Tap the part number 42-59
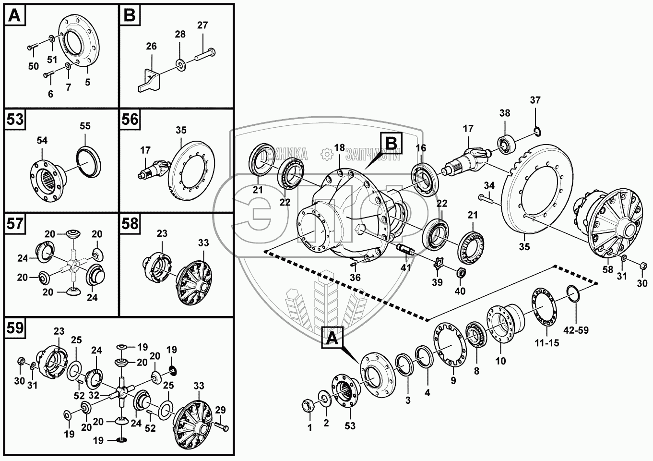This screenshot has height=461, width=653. point(576,330)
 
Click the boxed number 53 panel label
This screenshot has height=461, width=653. point(15,119)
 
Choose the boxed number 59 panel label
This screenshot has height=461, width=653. point(15,328)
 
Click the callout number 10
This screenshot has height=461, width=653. point(500,361)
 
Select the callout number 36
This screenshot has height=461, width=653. point(355,278)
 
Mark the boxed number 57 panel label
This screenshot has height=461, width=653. point(15,224)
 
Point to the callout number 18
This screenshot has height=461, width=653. point(340,147)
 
